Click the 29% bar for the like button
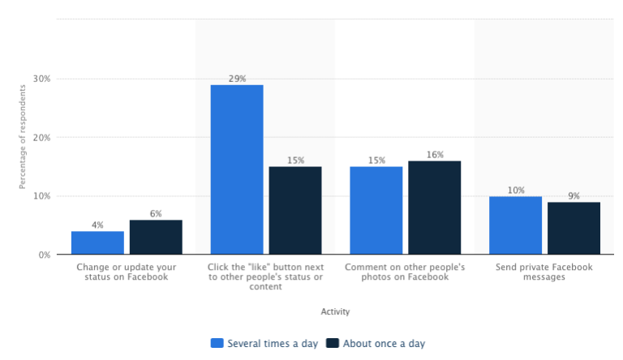coord(237,169)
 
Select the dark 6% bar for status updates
coord(156,237)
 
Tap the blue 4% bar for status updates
coord(97,242)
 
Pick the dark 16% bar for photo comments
coord(435,208)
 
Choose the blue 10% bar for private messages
coord(516,225)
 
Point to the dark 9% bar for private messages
coord(574,228)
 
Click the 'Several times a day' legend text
coord(273,343)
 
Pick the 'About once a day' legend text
coord(384,343)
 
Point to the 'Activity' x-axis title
coord(335,311)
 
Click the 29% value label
coord(237,78)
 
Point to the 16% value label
coord(435,154)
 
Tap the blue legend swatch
coord(217,343)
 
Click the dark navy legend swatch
coord(333,343)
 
